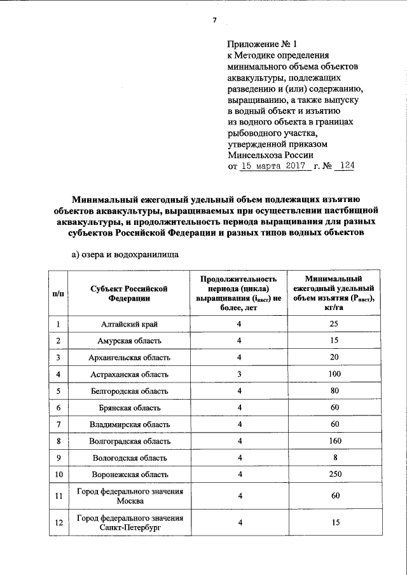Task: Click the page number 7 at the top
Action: click(214, 20)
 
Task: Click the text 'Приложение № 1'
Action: click(262, 44)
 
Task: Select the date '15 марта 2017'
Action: click(275, 166)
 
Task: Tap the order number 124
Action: click(347, 166)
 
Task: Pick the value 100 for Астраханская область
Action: click(335, 374)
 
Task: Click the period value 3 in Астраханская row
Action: click(239, 374)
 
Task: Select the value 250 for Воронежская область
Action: click(335, 474)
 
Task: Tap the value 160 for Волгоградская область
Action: click(335, 441)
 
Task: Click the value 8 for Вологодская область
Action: click(335, 457)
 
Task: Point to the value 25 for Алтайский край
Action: click(335, 324)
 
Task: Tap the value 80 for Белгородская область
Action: click(335, 391)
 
